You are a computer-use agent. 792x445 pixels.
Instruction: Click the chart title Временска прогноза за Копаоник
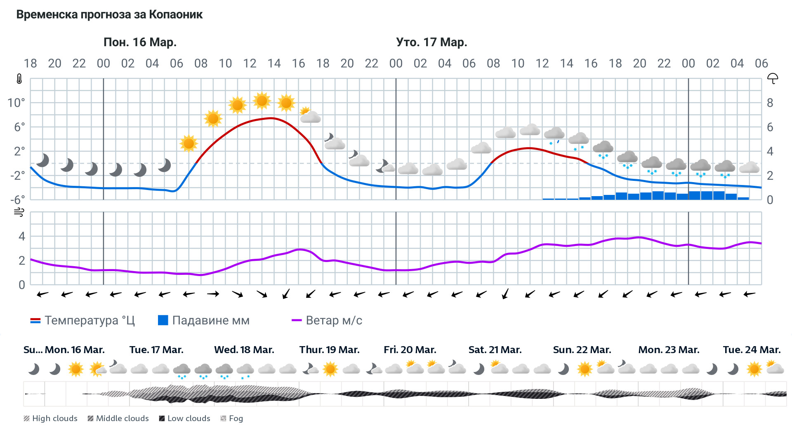coord(109,15)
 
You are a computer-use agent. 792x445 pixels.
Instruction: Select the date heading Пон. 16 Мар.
coord(140,42)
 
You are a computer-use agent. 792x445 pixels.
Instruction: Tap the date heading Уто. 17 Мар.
coord(431,42)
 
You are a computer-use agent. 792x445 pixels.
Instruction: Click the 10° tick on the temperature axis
coord(16,103)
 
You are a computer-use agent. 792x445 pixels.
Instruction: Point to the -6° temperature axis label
coord(17,200)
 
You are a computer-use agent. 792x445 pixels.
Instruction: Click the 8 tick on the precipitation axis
coord(770,103)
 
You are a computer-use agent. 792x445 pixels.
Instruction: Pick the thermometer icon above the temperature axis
coord(19,79)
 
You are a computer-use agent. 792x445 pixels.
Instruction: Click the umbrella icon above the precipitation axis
coord(772,78)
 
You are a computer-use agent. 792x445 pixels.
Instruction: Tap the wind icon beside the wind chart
coord(19,212)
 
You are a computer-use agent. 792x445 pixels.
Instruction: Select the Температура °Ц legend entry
coord(82,321)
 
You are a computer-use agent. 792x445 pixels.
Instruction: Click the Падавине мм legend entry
coord(204,321)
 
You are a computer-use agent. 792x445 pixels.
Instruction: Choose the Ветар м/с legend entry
coord(327,321)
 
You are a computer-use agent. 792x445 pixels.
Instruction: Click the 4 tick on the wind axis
coord(22,236)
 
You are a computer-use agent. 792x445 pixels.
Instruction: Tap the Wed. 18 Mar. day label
coord(244,350)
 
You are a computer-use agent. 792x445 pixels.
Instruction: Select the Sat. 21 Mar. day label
coord(495,350)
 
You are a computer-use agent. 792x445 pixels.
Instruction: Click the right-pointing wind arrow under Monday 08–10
coord(213,294)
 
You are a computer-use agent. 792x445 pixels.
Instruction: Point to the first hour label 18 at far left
coord(30,63)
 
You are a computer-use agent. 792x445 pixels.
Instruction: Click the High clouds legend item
coord(50,418)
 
